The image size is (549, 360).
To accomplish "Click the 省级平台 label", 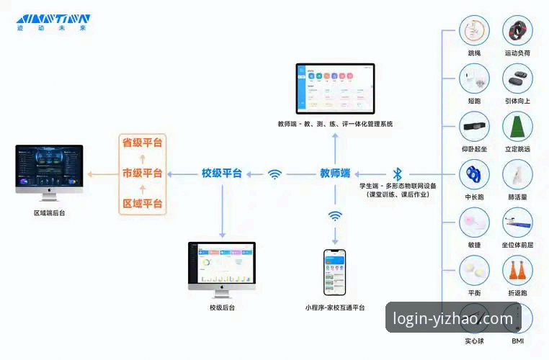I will coord(142,143).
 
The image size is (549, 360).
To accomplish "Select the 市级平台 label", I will coord(142,174).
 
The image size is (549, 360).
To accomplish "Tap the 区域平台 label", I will coord(142,204).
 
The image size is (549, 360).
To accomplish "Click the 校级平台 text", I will coord(221,174).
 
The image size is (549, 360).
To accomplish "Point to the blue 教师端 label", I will coord(335,174).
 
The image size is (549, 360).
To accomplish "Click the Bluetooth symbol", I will coord(397,174).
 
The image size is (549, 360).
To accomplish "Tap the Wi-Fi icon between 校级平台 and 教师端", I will coord(274,174).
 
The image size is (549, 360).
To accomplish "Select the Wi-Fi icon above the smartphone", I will coord(335,216).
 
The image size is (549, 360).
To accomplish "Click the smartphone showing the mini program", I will coord(334,272).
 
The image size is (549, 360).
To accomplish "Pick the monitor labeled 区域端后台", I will coord(49,171).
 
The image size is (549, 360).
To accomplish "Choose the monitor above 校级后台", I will coord(222,266).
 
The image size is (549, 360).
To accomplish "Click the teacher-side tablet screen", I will coord(336,88).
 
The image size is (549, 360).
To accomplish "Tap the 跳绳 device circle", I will coord(474,30).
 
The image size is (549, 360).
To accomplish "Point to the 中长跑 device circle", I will coord(474,174).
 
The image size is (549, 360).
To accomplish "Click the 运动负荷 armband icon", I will coord(517,30).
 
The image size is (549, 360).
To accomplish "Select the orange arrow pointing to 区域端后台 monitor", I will coord(100,174).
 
